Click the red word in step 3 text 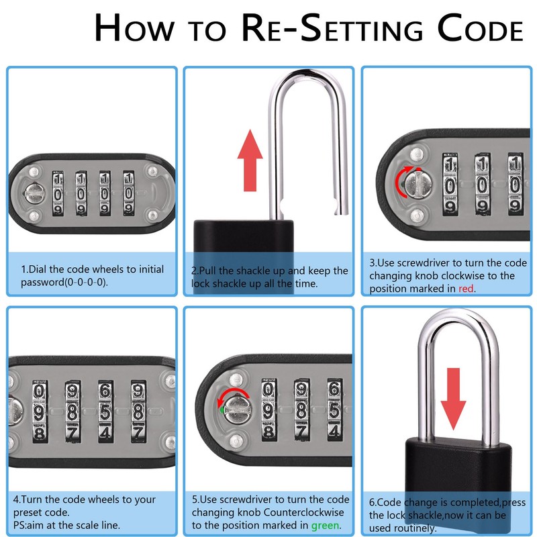click(467, 289)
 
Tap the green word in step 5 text click(325, 525)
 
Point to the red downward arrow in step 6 click(454, 397)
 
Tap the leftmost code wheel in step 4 click(40, 411)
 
